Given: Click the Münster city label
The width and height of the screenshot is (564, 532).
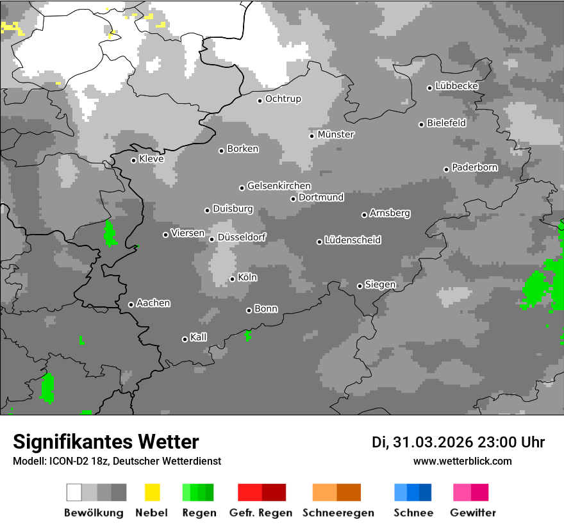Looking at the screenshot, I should point(336,135).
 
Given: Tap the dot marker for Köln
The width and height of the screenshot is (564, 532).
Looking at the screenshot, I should point(232,279).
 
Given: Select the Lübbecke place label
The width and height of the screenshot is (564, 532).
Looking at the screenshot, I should point(456,86).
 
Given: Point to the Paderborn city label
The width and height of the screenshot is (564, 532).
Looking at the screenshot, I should point(474,167).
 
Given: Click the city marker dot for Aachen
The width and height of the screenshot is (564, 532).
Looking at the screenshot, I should point(131,304).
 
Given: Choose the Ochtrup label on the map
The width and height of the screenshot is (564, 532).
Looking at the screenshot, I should point(283,99).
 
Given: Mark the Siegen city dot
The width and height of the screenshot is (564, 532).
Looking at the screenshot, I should point(360,286).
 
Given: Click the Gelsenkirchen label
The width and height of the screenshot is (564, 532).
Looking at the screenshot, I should point(279,186).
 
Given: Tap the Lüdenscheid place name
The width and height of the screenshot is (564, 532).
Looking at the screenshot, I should point(352,240).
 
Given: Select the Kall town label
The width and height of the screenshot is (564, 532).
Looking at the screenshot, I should point(198,337).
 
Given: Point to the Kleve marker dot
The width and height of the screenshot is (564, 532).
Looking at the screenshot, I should point(133,160).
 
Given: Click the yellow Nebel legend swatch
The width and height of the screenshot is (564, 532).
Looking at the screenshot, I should point(152,492).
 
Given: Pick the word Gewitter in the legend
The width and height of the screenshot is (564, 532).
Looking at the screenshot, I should point(473,513).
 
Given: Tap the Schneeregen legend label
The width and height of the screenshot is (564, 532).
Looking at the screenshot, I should point(338,513).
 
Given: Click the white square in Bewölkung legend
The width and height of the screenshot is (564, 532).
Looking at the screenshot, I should point(74,492).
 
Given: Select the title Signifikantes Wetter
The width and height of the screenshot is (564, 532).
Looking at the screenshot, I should point(106,442).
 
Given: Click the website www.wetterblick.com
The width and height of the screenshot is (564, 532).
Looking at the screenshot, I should point(462,461).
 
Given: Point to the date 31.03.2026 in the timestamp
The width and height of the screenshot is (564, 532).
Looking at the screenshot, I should point(433,442).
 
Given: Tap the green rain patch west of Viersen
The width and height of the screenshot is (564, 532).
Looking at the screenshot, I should point(110,233).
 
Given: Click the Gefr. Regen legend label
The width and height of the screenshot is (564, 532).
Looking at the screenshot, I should point(261,513).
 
